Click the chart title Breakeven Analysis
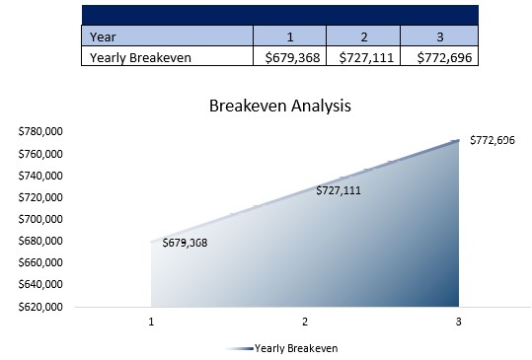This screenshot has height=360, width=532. point(279,105)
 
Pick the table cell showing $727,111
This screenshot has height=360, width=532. point(364,57)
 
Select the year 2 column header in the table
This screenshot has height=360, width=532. point(364,36)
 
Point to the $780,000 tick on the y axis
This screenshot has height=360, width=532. point(40,132)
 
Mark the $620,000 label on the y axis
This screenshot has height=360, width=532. point(40,306)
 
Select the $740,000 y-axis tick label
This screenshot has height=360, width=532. point(40,176)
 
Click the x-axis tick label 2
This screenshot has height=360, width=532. point(305,322)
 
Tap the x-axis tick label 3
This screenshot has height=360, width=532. point(458,322)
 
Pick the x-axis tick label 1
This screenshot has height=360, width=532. point(152,322)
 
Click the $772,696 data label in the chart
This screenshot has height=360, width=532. point(492,140)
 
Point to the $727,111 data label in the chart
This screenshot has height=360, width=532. point(338,190)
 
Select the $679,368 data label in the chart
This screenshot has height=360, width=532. point(185,243)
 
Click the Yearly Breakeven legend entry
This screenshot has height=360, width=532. point(295,348)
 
